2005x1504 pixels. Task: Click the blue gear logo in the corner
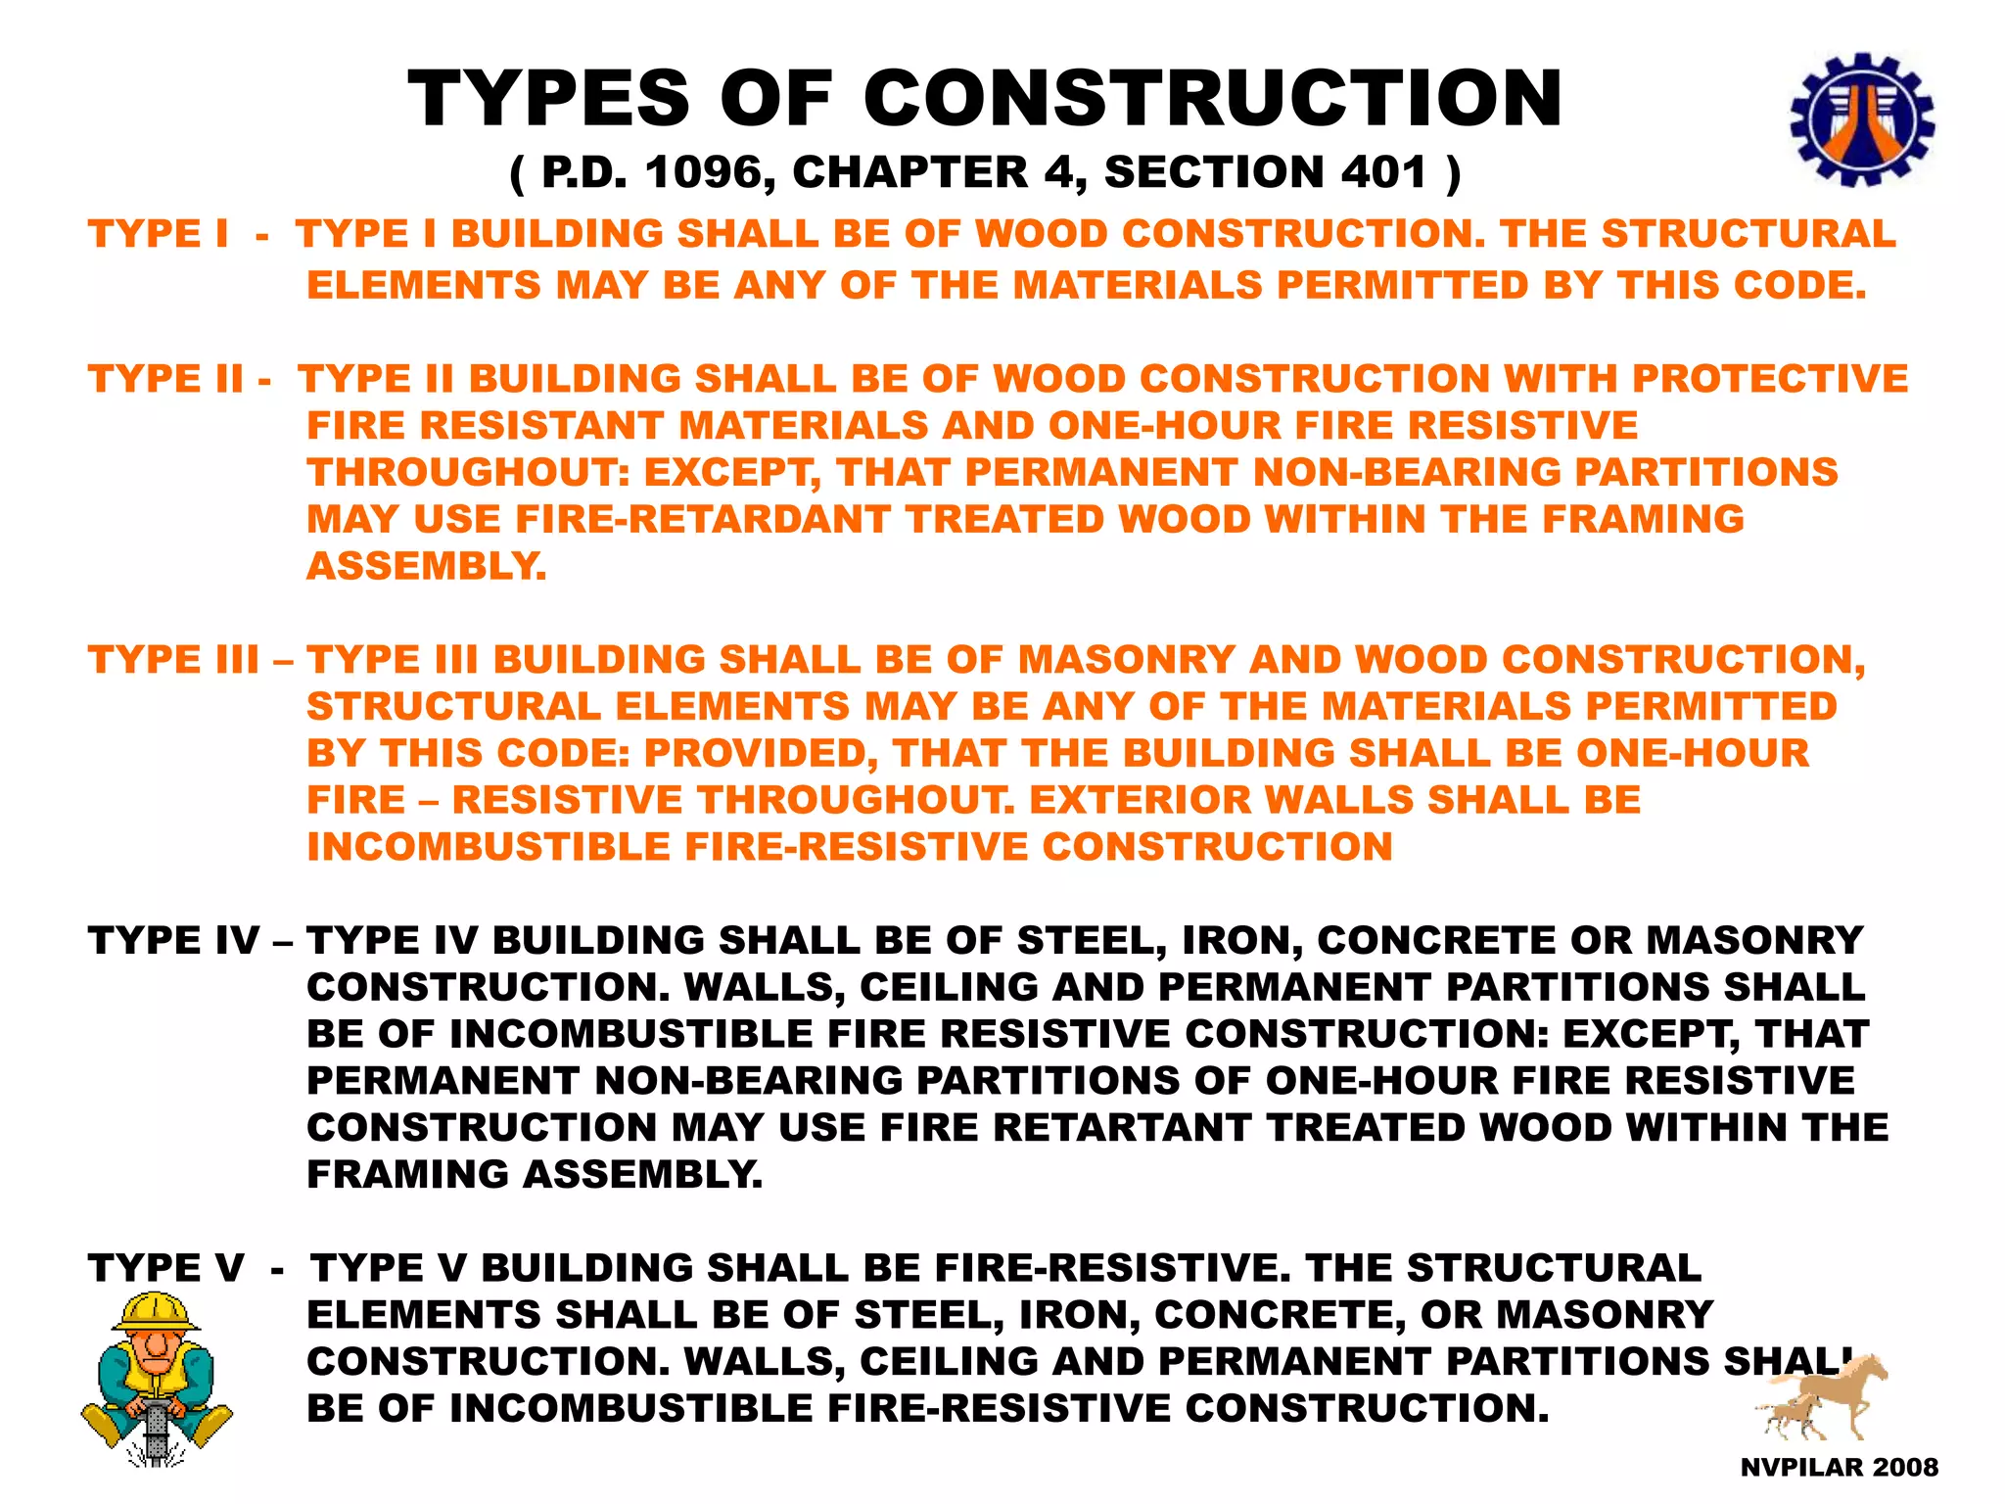pyautogui.click(x=1861, y=120)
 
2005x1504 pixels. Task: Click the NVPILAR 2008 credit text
pyautogui.click(x=1839, y=1467)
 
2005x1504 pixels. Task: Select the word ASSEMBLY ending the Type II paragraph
pyautogui.click(x=425, y=566)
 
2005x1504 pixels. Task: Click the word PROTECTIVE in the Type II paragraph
pyautogui.click(x=1770, y=379)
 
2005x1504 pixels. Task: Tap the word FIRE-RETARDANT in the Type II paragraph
pyautogui.click(x=702, y=519)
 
